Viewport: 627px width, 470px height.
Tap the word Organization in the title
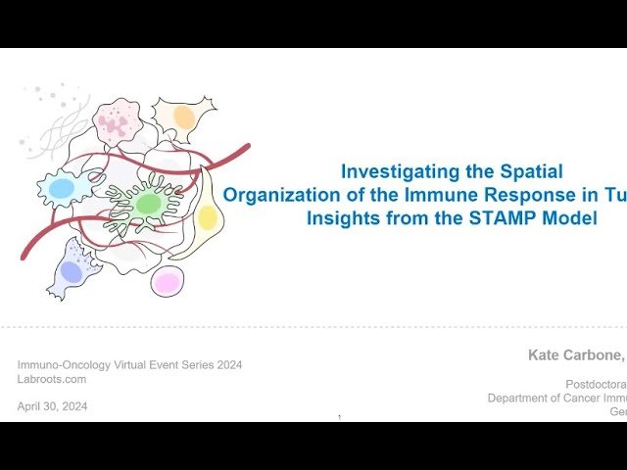[279, 195]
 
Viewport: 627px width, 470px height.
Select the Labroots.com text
[51, 379]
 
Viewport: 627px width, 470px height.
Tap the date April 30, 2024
[52, 406]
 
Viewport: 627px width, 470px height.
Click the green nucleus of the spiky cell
[148, 204]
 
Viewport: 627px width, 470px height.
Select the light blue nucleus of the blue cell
[62, 187]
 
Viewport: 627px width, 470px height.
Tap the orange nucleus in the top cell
[184, 117]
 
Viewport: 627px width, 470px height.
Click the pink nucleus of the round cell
[167, 283]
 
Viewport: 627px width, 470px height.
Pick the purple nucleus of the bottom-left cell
[72, 271]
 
